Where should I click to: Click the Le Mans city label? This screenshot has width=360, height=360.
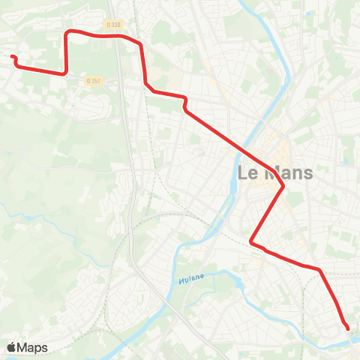(x=274, y=172)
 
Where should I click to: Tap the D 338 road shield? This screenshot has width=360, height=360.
(x=113, y=25)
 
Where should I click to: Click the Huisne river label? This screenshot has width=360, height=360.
(x=191, y=280)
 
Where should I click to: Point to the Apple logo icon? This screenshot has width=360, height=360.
(x=11, y=347)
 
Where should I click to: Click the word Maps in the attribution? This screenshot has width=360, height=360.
(x=32, y=347)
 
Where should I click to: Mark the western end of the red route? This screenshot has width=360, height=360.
(x=12, y=56)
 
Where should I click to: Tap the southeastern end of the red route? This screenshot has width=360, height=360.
(x=348, y=328)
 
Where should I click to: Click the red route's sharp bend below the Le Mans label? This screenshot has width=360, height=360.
(x=283, y=186)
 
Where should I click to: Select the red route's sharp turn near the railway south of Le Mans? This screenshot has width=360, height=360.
(x=251, y=241)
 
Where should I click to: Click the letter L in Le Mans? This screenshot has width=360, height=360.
(x=242, y=172)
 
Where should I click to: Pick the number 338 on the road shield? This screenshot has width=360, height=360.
(x=115, y=25)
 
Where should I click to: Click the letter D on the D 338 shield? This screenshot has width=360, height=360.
(x=109, y=25)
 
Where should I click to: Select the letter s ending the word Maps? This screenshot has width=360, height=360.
(x=44, y=348)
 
